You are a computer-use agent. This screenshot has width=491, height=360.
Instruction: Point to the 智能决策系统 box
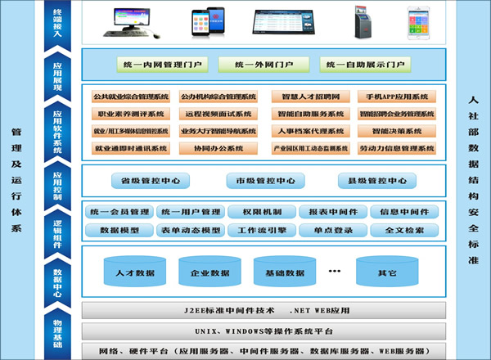pos(396,131)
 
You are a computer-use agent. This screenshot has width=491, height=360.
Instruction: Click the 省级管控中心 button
pos(151,181)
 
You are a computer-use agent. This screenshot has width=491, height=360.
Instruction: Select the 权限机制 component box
pos(258,212)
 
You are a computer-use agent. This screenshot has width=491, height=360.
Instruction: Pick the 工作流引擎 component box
pos(258,230)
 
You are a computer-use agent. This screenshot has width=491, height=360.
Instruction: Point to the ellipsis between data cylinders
pos(335,269)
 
